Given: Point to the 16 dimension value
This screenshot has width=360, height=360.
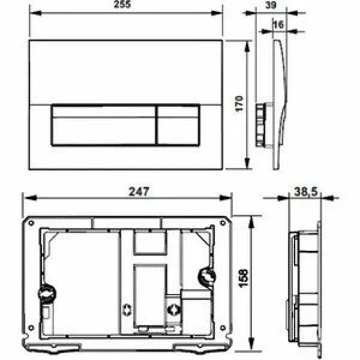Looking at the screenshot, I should pyautogui.click(x=278, y=23).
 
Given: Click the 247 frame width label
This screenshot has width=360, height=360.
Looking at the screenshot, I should pyautogui.click(x=139, y=191).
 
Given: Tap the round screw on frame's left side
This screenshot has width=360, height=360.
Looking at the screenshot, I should pyautogui.click(x=47, y=295).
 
